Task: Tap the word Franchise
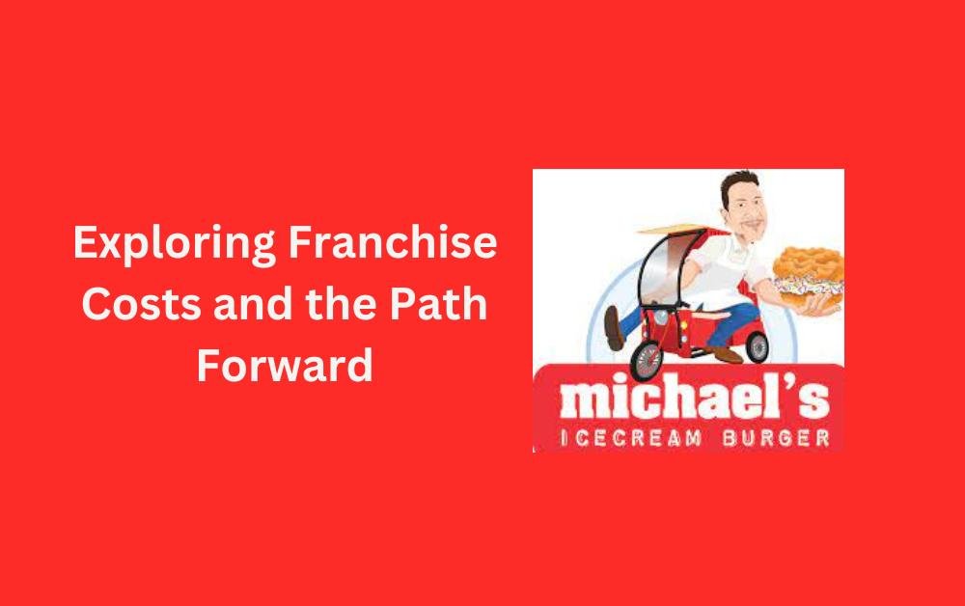(x=393, y=242)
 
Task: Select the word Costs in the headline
(x=142, y=304)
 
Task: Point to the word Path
(x=437, y=303)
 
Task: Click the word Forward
(x=285, y=365)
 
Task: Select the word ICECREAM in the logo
(x=630, y=438)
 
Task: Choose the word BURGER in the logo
(x=776, y=438)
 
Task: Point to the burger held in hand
(x=809, y=276)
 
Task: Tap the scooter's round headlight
(x=660, y=318)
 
